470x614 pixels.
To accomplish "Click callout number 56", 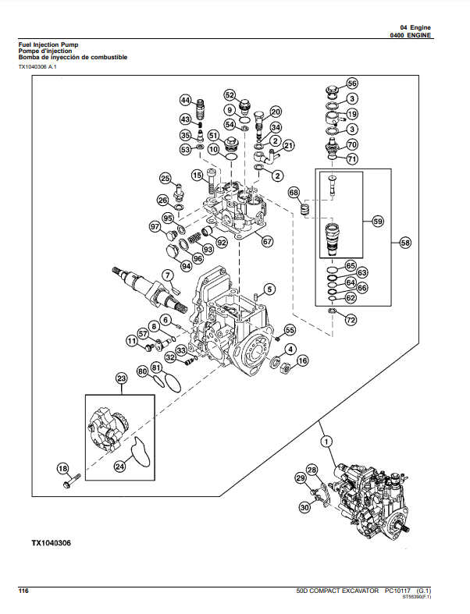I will tap(352, 83).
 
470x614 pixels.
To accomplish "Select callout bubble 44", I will tap(185, 100).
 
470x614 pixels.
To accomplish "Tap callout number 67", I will tap(267, 241).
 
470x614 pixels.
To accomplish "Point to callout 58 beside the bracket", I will tap(405, 243).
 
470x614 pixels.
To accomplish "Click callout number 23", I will tap(121, 379).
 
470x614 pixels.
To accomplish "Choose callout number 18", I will tap(62, 468).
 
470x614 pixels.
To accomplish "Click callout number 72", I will tap(351, 320).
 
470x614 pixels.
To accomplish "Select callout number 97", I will tap(155, 227).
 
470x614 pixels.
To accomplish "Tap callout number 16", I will tap(302, 360).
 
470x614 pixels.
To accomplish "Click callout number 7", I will tap(166, 275).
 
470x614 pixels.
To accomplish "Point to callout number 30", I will tap(304, 507).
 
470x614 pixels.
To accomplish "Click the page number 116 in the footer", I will tap(24, 592).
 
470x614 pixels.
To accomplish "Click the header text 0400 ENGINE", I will tap(411, 36).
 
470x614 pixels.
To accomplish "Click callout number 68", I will tap(294, 192).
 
